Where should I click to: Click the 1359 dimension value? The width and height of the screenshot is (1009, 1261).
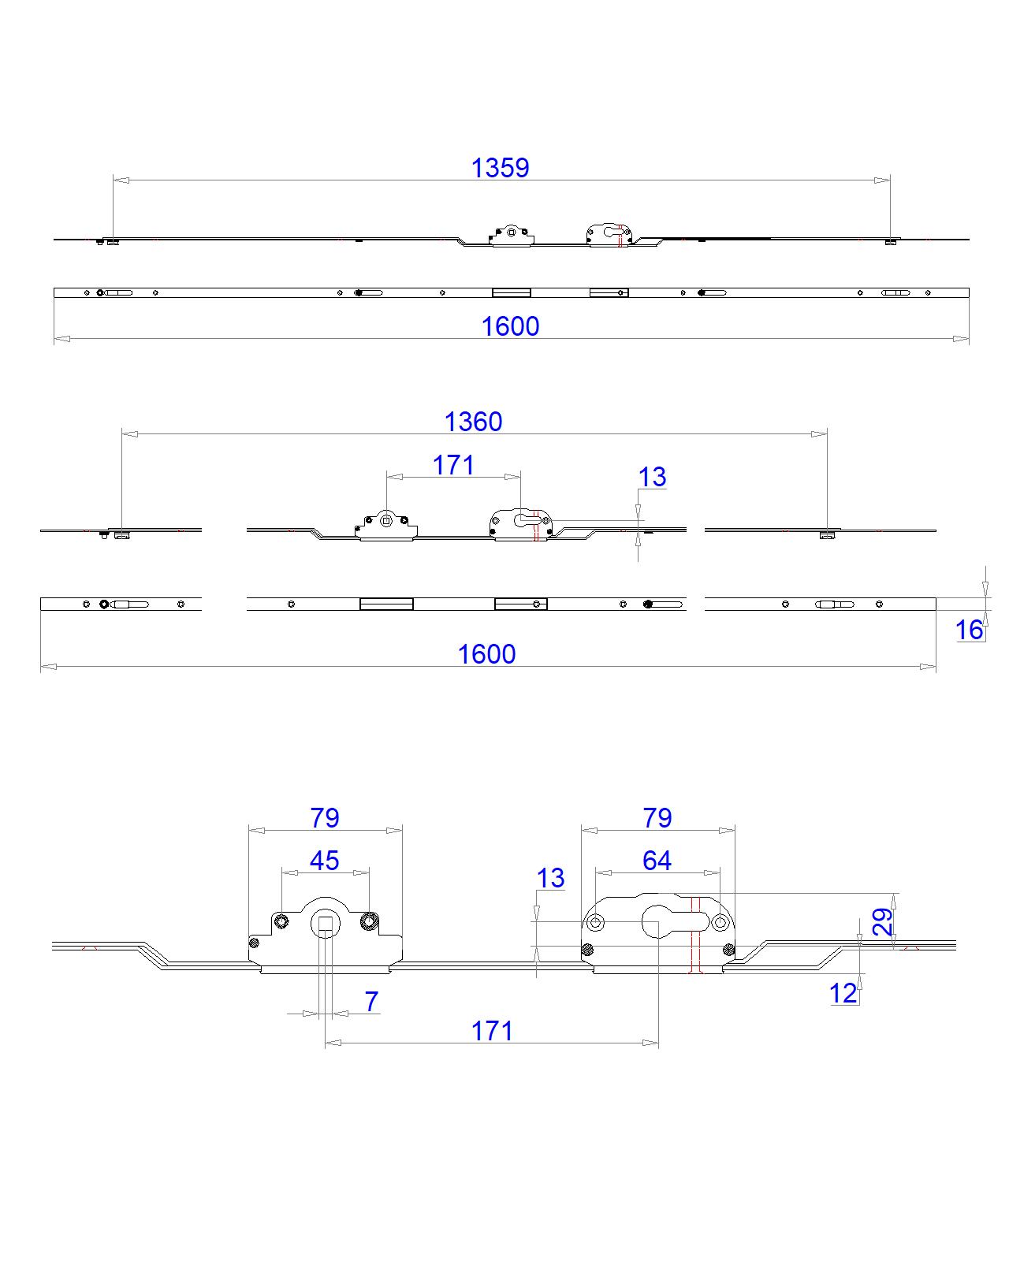[x=500, y=167]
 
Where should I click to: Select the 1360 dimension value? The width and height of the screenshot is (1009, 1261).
[x=473, y=422]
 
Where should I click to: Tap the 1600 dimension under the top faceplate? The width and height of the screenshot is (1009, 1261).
[x=510, y=326]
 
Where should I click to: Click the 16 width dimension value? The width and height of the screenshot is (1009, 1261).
[x=970, y=630]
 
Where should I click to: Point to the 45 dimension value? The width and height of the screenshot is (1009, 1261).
[x=324, y=861]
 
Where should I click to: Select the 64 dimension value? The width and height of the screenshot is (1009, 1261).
[x=657, y=861]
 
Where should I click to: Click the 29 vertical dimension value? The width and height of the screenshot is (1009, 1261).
[x=884, y=921]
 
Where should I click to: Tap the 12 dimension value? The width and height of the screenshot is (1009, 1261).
[x=843, y=993]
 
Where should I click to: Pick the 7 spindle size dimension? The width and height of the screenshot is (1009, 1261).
[x=371, y=1002]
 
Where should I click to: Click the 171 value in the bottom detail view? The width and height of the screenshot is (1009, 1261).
[x=492, y=1031]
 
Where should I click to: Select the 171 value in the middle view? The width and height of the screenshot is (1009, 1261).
[x=453, y=465]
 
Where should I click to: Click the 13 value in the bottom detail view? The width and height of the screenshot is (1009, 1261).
[x=550, y=878]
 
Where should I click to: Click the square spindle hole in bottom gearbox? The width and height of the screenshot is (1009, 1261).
[x=326, y=923]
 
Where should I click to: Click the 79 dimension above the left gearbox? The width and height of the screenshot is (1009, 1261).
[x=324, y=818]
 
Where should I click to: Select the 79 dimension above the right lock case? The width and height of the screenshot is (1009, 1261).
[x=657, y=818]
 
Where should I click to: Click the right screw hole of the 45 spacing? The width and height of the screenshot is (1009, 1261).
[x=369, y=921]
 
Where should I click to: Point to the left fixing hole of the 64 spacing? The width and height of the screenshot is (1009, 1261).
[x=596, y=922]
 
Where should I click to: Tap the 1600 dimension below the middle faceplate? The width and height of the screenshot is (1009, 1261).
[x=486, y=654]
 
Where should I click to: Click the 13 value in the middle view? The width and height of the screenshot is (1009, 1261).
[x=652, y=477]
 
